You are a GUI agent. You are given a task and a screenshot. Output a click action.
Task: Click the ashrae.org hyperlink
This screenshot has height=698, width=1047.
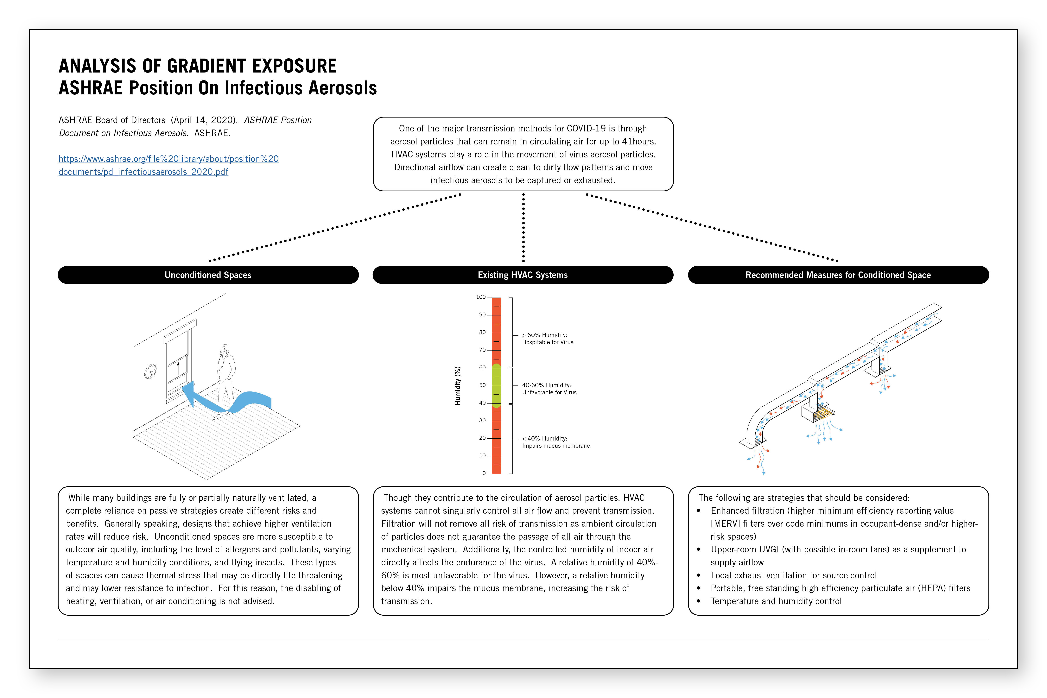(168, 165)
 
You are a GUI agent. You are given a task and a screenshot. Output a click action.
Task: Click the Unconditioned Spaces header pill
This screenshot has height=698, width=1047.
(208, 275)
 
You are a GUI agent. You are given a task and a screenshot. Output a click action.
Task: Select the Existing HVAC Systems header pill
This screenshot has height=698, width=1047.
(523, 275)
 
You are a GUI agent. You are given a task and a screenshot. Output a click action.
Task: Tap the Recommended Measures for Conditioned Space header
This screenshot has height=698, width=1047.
(838, 275)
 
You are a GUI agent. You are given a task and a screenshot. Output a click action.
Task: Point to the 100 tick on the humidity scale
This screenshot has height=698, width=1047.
(481, 297)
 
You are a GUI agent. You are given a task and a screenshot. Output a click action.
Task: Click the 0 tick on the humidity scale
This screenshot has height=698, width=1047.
(484, 473)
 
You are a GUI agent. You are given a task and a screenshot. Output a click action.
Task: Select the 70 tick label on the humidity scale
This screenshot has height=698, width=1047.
(482, 350)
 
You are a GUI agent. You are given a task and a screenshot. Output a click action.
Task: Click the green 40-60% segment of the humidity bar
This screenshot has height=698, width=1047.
(496, 385)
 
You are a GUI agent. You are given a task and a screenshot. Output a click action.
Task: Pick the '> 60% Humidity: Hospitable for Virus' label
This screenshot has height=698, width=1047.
(548, 338)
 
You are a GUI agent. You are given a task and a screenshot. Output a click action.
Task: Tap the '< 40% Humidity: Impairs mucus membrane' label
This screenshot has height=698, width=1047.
(555, 442)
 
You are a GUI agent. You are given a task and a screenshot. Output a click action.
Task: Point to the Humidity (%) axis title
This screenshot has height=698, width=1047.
(458, 385)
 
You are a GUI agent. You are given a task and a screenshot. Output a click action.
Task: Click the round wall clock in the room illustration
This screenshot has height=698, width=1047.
(150, 371)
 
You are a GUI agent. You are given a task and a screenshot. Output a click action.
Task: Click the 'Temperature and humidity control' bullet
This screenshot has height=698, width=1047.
(776, 601)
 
